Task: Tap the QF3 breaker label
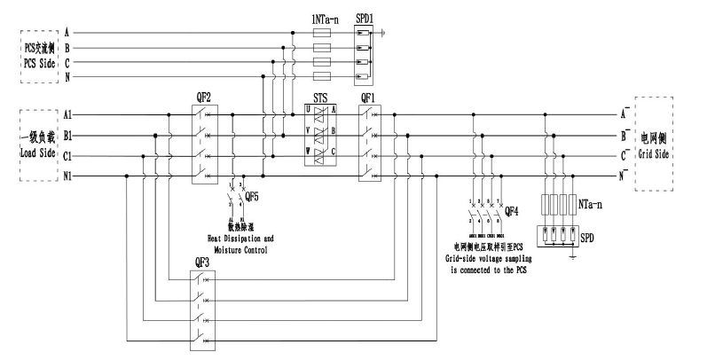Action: click(201, 263)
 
